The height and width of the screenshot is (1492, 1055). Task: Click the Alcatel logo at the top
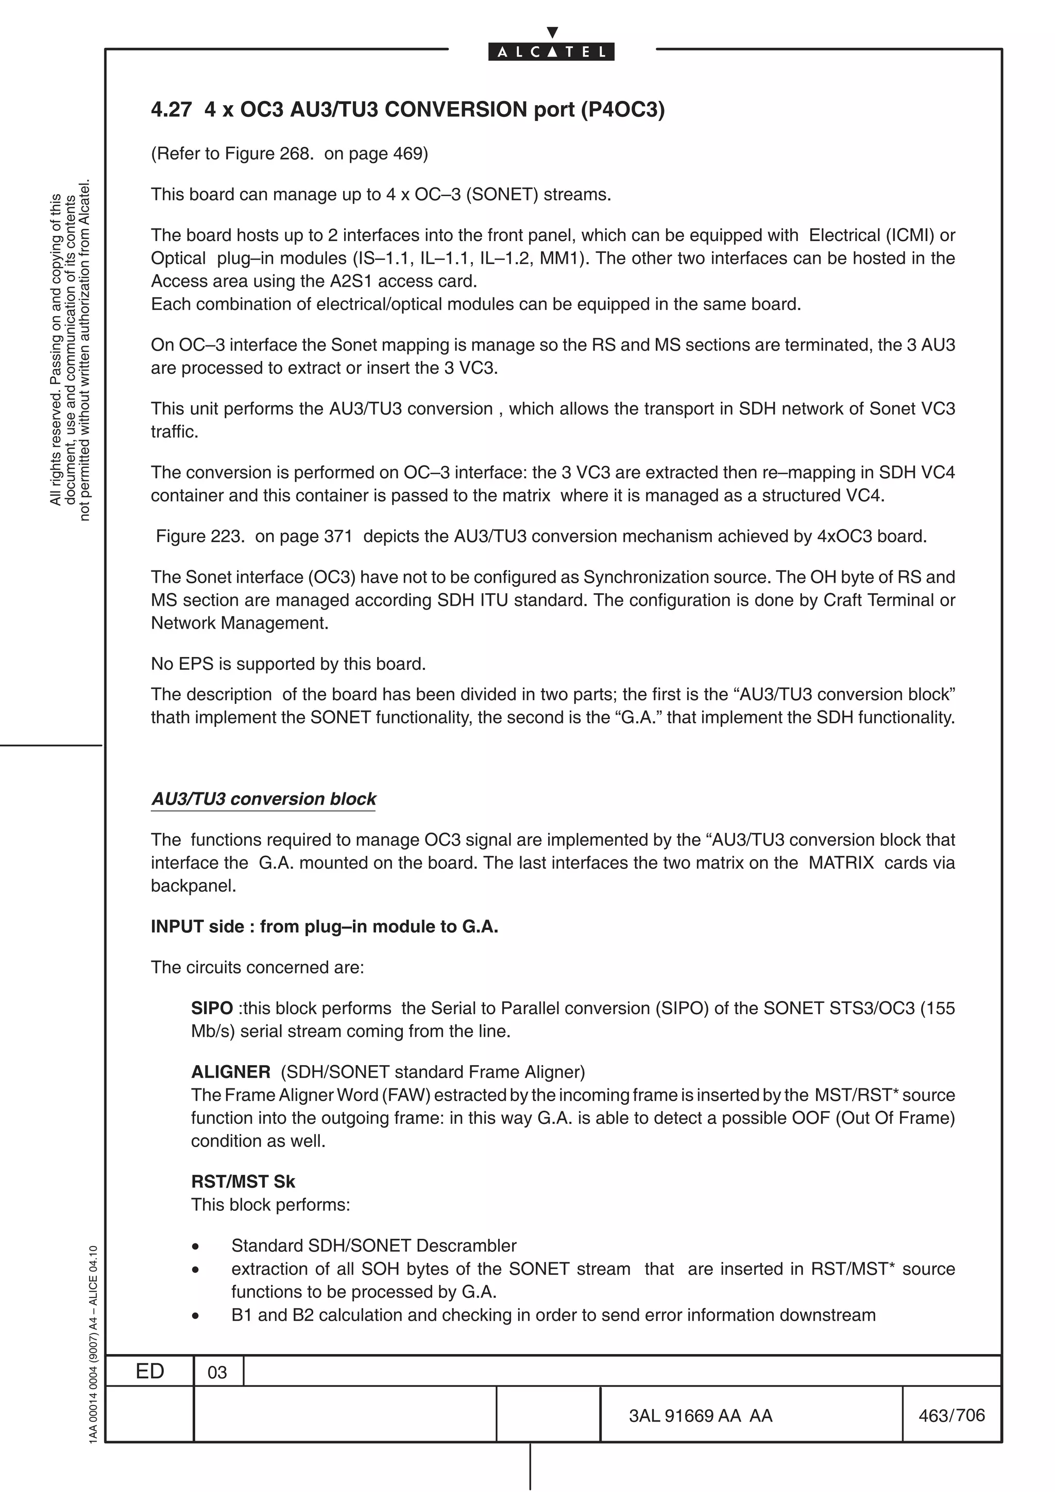[x=551, y=51]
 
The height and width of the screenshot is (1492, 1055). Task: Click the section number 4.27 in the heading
[x=171, y=110]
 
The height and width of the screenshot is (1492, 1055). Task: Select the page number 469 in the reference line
[x=407, y=154]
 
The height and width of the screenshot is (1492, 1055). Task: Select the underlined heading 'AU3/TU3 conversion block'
[x=263, y=799]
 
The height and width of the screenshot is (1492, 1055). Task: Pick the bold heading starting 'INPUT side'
[x=325, y=927]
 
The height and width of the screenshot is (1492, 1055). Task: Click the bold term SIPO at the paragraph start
[x=212, y=1009]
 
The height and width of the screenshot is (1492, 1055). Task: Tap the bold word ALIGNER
[x=230, y=1072]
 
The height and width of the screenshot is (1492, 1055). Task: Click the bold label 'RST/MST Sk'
[x=243, y=1182]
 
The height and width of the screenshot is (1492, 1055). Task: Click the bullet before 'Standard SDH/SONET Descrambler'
[x=195, y=1246]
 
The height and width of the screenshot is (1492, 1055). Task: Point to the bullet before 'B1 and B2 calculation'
[x=195, y=1316]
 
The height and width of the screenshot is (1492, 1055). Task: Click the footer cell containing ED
[x=149, y=1371]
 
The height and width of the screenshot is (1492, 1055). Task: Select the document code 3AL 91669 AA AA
[x=700, y=1416]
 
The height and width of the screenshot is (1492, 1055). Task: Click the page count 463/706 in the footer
[x=951, y=1415]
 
